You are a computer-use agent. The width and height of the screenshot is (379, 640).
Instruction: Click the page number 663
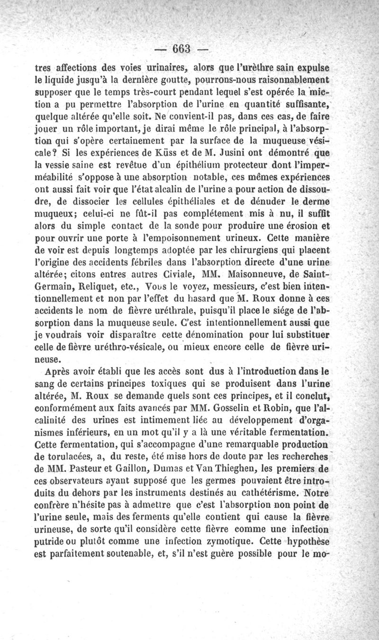click(x=181, y=48)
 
